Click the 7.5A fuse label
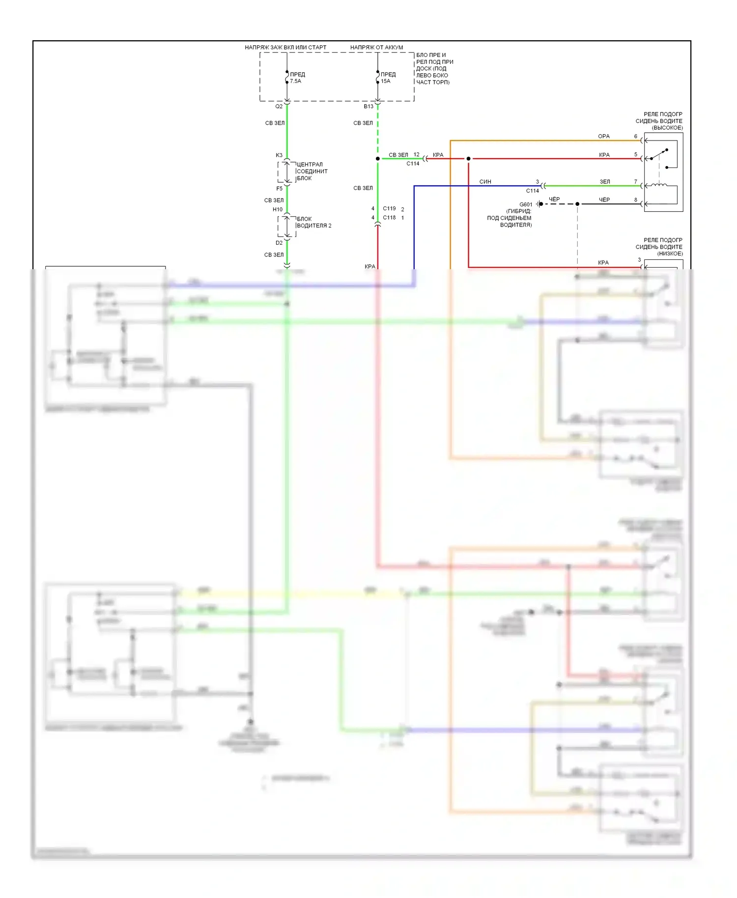click(295, 81)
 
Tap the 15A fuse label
click(386, 81)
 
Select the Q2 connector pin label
click(279, 106)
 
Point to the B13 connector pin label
click(368, 106)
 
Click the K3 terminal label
click(279, 155)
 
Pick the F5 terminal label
click(279, 188)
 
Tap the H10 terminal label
click(278, 209)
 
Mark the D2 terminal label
click(279, 243)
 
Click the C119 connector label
click(389, 208)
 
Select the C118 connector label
click(389, 217)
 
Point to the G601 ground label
click(526, 204)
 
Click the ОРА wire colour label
click(604, 136)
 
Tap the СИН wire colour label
click(485, 182)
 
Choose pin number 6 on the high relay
click(635, 136)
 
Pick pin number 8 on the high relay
click(635, 199)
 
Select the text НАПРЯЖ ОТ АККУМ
click(376, 47)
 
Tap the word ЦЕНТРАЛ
click(310, 165)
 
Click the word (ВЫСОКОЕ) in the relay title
click(667, 128)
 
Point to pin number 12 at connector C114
click(416, 154)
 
